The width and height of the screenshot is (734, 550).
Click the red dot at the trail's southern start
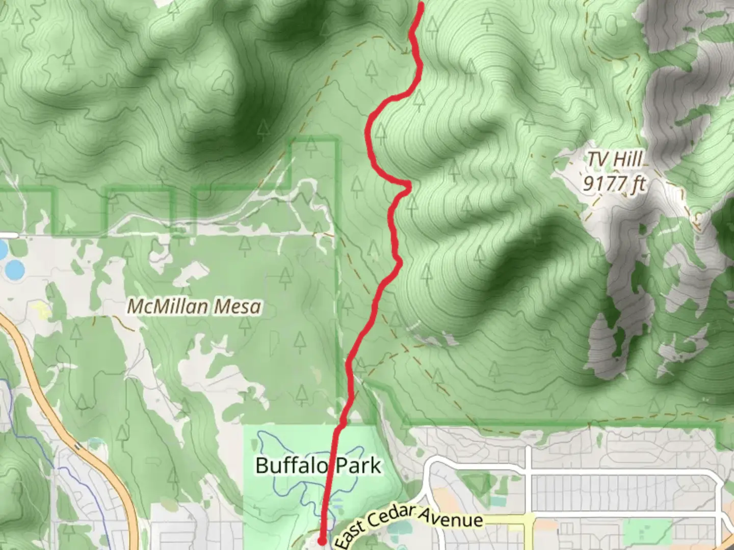(322, 540)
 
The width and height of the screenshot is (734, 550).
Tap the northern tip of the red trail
(422, 5)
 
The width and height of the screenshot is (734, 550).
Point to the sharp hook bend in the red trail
(408, 185)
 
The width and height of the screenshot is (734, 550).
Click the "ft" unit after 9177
(637, 183)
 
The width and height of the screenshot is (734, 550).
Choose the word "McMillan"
(167, 307)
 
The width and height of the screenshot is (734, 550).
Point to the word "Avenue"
(451, 516)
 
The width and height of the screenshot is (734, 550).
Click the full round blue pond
(14, 269)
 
